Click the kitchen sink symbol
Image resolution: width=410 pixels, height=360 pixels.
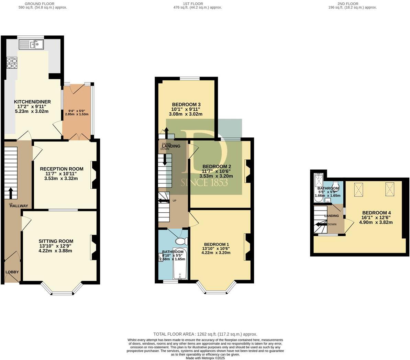[31, 44]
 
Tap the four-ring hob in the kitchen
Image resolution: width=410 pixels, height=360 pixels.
[11, 63]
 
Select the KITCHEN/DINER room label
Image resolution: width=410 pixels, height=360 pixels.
[32, 102]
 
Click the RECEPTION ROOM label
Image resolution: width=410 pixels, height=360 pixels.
[62, 169]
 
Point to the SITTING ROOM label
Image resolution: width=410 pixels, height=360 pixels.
[56, 241]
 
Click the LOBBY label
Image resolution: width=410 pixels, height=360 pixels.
[12, 272]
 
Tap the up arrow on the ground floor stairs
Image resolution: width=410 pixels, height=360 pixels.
[11, 193]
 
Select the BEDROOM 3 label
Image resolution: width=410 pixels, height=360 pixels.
[186, 104]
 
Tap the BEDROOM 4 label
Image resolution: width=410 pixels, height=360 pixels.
[376, 213]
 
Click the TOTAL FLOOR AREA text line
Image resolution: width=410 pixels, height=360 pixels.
[205, 334]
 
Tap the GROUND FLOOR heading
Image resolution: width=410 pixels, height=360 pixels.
[43, 4]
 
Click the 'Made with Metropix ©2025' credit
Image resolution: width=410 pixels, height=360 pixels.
[205, 358]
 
